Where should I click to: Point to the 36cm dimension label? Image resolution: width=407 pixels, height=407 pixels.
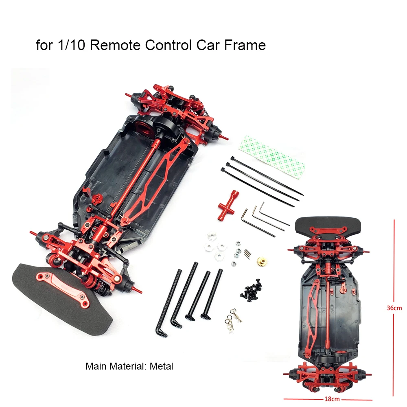[x=394, y=308]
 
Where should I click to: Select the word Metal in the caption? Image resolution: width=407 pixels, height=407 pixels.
[x=161, y=366]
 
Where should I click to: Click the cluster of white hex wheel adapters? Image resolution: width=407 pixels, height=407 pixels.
[x=214, y=247]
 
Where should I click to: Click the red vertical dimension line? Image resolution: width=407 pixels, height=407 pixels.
[x=394, y=265]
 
